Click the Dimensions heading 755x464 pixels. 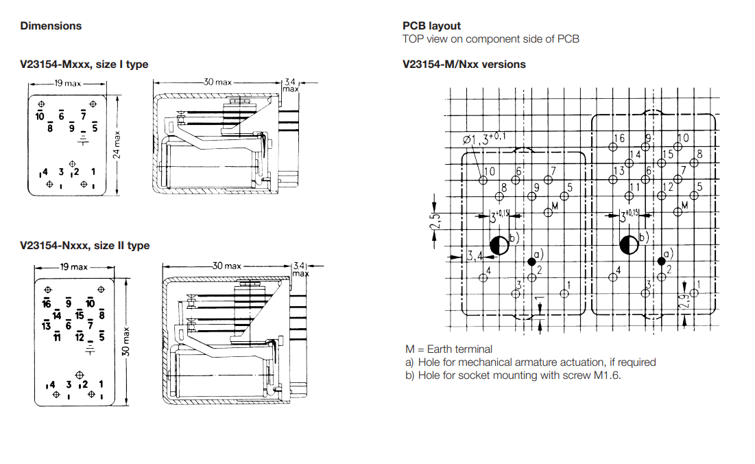pyautogui.click(x=51, y=26)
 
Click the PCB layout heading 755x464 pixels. pyautogui.click(x=431, y=26)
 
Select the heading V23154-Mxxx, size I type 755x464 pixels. pyautogui.click(x=84, y=65)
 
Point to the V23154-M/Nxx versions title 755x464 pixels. pyautogui.click(x=464, y=65)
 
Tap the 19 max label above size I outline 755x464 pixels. pyautogui.click(x=67, y=84)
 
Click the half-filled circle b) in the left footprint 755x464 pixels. pyautogui.click(x=499, y=244)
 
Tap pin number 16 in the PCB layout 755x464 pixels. pyautogui.click(x=620, y=139)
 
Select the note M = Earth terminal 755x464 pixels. pyautogui.click(x=448, y=349)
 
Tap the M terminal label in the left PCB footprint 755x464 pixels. pyautogui.click(x=554, y=205)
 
